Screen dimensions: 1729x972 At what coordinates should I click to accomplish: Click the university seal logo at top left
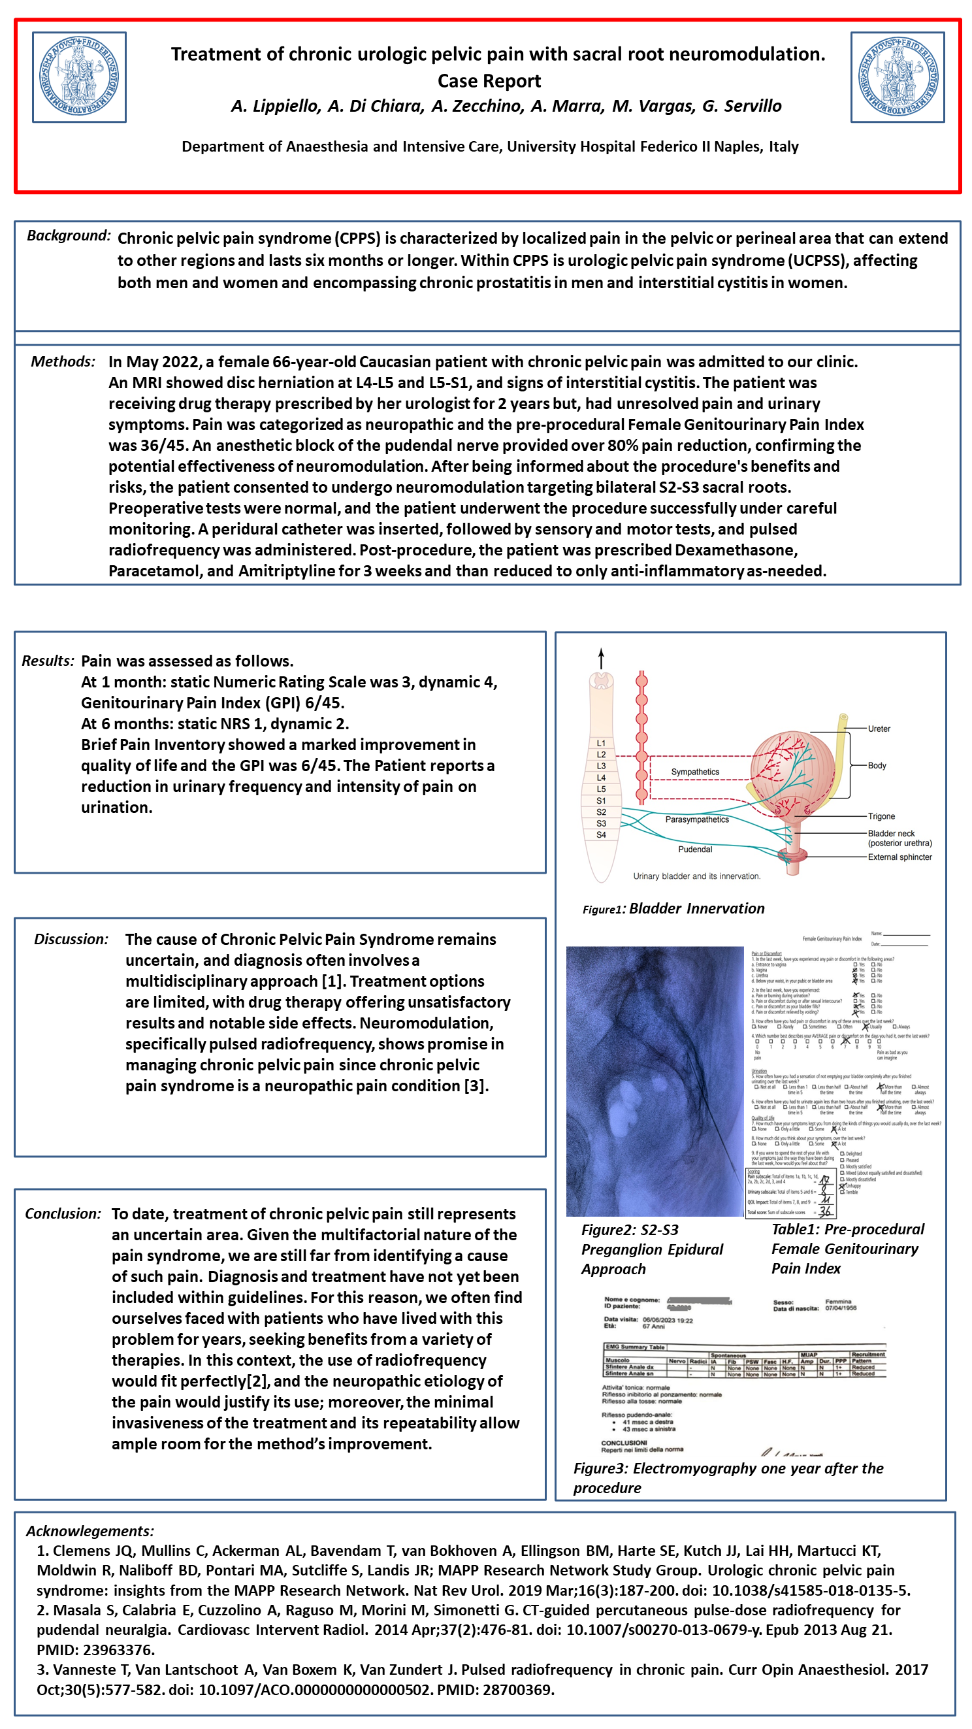(79, 77)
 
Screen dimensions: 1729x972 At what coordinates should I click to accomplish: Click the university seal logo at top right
(897, 77)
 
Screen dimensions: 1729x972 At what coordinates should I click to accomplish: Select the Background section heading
(69, 236)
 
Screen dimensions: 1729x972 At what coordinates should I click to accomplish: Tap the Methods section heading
(63, 362)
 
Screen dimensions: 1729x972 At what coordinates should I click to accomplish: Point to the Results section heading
(48, 661)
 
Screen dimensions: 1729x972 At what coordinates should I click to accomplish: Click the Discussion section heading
(71, 939)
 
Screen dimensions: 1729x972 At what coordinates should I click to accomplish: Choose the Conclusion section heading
(63, 1213)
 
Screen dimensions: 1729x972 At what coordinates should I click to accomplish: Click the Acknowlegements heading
(90, 1531)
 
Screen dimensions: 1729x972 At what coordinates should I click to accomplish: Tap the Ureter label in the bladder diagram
(879, 729)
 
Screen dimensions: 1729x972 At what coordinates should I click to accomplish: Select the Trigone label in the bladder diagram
(881, 816)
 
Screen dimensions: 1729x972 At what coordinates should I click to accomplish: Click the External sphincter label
(899, 857)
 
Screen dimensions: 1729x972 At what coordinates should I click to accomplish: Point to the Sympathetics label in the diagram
(695, 772)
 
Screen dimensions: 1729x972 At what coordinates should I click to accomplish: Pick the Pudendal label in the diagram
(695, 849)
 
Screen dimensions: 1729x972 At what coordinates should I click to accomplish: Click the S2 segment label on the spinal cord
(601, 812)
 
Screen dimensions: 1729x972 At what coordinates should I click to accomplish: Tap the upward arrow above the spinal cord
(601, 657)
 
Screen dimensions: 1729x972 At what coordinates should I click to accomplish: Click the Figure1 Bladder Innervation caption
(673, 908)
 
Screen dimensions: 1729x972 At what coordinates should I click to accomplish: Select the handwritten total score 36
(824, 1211)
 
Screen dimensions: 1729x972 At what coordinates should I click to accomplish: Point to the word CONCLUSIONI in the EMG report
(624, 1442)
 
